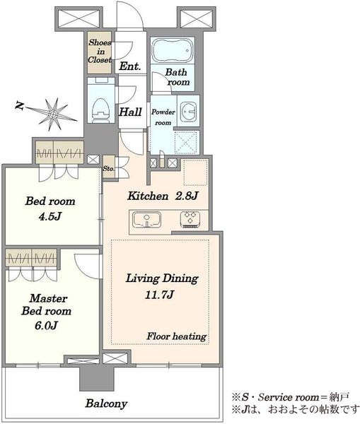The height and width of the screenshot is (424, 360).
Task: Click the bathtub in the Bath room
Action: [172, 50]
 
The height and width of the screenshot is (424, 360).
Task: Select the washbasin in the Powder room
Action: [188, 111]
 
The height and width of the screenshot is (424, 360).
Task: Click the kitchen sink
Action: [146, 220]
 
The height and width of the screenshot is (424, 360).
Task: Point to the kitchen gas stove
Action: [190, 219]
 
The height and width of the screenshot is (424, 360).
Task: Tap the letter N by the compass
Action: [19, 105]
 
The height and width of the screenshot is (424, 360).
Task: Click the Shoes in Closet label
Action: [100, 51]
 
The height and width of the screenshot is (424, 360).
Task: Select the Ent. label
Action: [130, 66]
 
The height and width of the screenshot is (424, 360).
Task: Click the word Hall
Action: [130, 112]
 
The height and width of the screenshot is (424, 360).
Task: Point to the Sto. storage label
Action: [109, 168]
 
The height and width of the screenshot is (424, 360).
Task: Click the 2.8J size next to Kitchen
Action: [187, 196]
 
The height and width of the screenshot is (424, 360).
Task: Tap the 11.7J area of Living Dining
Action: [159, 295]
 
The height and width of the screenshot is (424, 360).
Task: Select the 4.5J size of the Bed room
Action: [50, 216]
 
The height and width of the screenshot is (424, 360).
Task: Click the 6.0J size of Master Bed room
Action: [46, 325]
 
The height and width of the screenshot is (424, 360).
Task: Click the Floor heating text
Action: [177, 336]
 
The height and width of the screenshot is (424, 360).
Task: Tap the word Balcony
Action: [106, 404]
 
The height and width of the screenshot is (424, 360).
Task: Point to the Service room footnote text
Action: [290, 397]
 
